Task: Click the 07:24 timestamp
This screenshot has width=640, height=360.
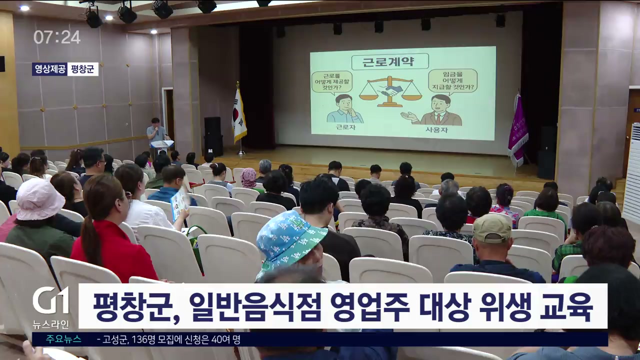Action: tap(57, 37)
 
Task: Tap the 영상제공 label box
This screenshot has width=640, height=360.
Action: tap(49, 69)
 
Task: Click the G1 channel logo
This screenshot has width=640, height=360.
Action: tap(51, 300)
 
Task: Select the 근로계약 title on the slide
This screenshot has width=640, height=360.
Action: tap(389, 61)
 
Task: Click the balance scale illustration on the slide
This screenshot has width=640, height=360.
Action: tap(390, 91)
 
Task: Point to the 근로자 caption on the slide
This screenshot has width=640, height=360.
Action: tap(345, 127)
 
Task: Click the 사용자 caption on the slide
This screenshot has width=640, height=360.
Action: tap(437, 130)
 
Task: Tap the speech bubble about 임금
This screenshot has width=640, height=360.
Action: tap(453, 81)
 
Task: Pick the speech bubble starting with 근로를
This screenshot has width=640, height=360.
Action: tap(331, 82)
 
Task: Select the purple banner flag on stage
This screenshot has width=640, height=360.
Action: tap(517, 129)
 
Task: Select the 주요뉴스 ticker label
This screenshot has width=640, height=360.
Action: tap(63, 339)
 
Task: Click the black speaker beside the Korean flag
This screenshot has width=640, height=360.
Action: tap(213, 136)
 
